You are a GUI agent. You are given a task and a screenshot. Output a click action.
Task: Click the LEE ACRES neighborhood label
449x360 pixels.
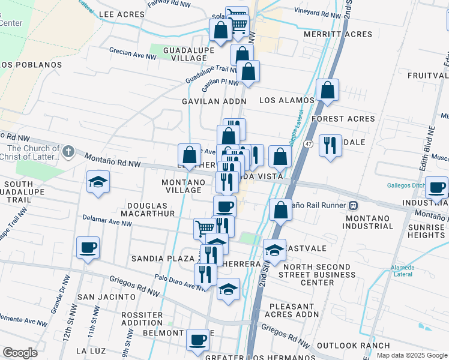point(122,14)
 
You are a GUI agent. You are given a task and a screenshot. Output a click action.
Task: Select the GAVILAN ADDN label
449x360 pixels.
point(214,101)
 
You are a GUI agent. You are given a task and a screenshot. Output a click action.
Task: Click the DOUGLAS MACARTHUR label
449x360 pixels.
point(147,213)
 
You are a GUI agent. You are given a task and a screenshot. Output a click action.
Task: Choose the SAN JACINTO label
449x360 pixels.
point(106,296)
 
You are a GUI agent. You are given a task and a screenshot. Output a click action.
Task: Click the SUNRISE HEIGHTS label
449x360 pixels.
point(426,232)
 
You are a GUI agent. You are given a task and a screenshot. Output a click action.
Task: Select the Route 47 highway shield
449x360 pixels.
point(307,144)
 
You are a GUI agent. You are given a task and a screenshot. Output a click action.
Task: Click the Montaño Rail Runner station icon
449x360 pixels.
point(353,205)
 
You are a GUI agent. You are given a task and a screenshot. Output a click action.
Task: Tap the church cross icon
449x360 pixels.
point(68,151)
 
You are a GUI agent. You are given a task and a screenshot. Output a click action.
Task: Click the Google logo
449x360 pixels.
point(20,353)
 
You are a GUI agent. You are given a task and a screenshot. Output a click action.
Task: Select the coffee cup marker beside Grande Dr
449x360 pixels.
point(88,247)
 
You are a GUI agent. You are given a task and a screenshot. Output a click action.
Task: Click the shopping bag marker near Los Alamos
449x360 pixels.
point(328,90)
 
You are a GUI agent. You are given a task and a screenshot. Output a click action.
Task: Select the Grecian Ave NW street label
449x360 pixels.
point(132,54)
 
